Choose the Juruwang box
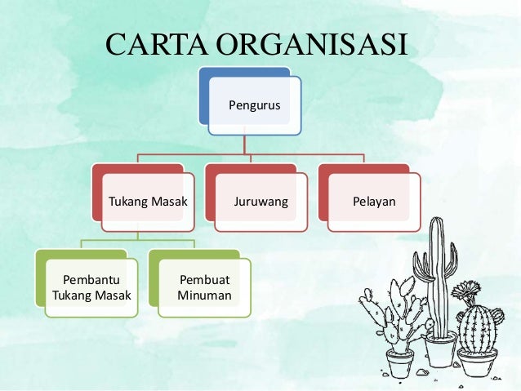point(260,201)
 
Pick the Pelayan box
point(374,201)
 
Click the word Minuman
point(204,295)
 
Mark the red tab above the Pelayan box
point(359,169)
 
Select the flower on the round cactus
point(469,291)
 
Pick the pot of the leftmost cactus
point(400,362)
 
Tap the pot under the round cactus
point(478,360)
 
